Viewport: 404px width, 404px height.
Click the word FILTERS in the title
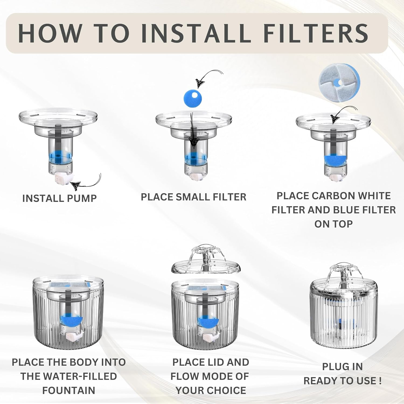(x=315, y=33)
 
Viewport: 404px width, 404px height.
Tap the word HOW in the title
(x=50, y=33)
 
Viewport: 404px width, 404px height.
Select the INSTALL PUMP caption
(x=60, y=198)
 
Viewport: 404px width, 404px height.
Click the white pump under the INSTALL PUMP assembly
(x=64, y=177)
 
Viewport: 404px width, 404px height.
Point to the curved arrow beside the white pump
(x=86, y=183)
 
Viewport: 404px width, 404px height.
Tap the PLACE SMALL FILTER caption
(x=193, y=197)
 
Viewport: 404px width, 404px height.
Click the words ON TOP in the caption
(x=333, y=224)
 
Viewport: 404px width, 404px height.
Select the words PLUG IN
(x=342, y=367)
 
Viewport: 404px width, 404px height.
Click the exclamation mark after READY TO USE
(x=380, y=381)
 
